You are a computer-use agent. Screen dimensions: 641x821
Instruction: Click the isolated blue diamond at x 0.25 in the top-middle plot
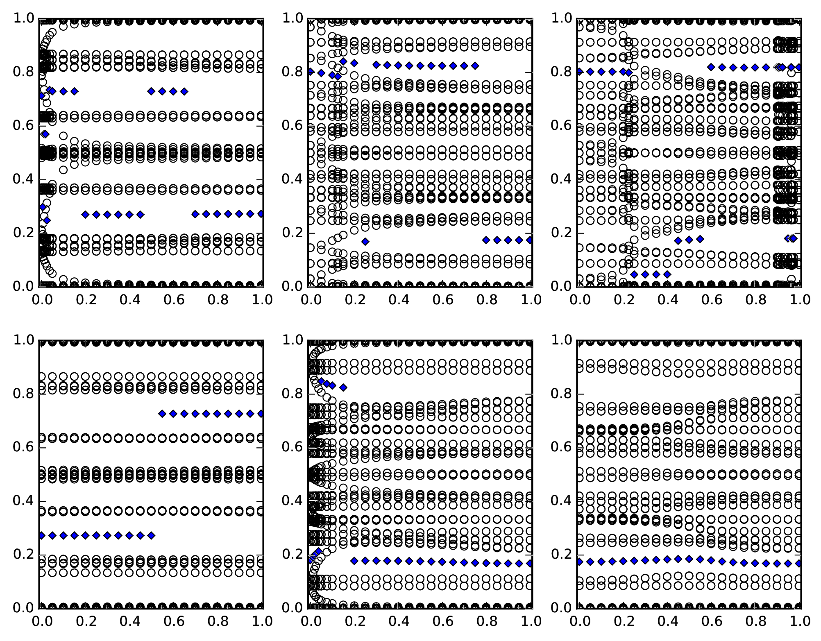(x=365, y=242)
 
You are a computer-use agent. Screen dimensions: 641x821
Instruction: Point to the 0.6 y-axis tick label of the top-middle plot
(x=292, y=126)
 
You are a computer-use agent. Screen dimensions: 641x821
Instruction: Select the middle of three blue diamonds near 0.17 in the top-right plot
(x=689, y=240)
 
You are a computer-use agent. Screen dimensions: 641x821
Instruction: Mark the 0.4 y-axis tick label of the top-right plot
(x=560, y=179)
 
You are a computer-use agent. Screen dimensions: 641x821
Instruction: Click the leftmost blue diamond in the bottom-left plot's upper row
(x=162, y=414)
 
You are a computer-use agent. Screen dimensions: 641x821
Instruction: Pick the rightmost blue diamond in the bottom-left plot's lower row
(x=151, y=535)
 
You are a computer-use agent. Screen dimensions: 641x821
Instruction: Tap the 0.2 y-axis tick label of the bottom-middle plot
(x=292, y=554)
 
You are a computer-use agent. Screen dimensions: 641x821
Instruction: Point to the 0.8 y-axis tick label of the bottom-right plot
(x=560, y=394)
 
